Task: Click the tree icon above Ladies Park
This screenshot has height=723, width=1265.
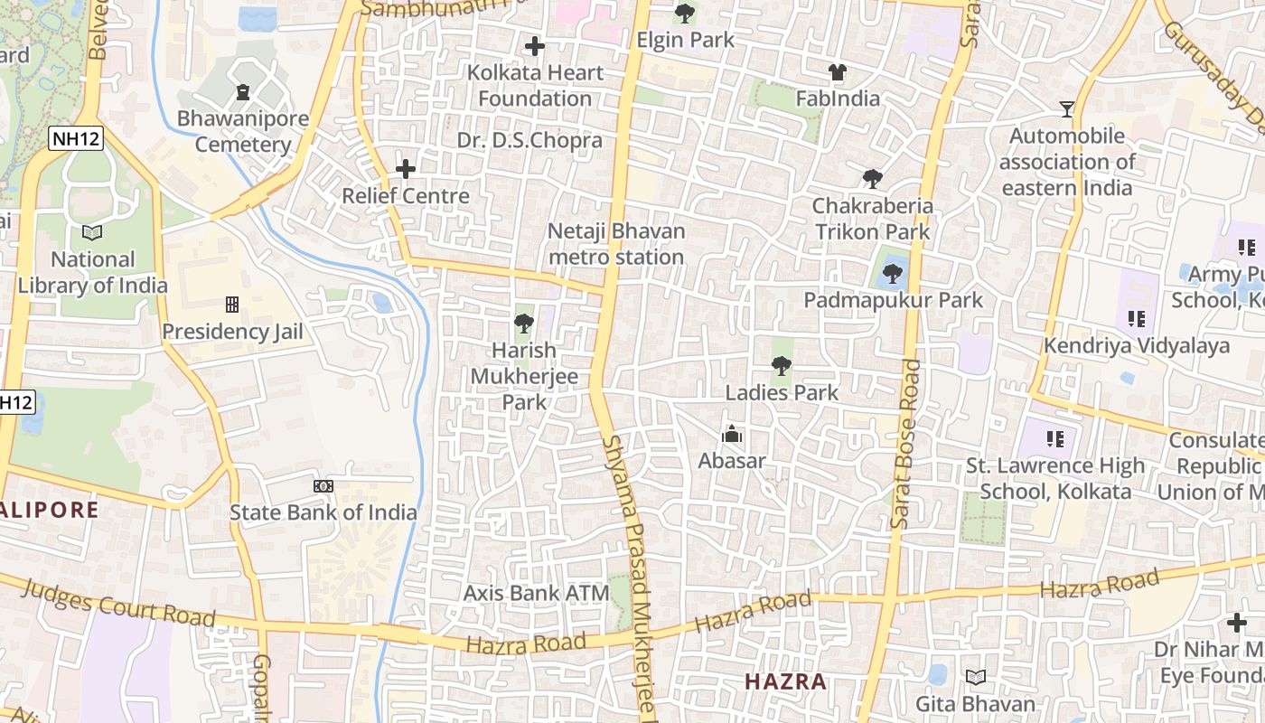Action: pyautogui.click(x=782, y=366)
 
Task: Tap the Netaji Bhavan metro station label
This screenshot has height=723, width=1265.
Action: pyautogui.click(x=616, y=244)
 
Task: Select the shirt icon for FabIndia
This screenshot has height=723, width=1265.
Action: pyautogui.click(x=838, y=72)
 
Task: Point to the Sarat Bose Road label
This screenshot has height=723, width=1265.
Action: pyautogui.click(x=905, y=443)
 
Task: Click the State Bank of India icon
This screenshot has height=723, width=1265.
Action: pyautogui.click(x=323, y=486)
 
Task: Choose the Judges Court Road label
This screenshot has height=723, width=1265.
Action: pyautogui.click(x=117, y=604)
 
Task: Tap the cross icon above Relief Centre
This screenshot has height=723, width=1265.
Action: pyautogui.click(x=406, y=169)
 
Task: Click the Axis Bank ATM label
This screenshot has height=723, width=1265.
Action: pyautogui.click(x=536, y=594)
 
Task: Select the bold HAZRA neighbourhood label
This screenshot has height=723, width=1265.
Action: pyautogui.click(x=785, y=681)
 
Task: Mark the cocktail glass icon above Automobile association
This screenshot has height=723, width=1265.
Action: pyautogui.click(x=1067, y=109)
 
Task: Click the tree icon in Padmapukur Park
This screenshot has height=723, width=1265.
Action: pyautogui.click(x=893, y=273)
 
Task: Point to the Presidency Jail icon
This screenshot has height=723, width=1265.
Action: pyautogui.click(x=232, y=305)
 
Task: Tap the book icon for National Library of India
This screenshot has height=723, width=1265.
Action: pyautogui.click(x=92, y=232)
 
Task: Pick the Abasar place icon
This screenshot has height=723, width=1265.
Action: pyautogui.click(x=732, y=435)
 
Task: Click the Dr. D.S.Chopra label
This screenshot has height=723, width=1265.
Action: pyautogui.click(x=529, y=140)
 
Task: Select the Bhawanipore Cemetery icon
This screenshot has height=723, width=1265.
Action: pyautogui.click(x=242, y=91)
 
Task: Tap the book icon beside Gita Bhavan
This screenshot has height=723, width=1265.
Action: pyautogui.click(x=976, y=677)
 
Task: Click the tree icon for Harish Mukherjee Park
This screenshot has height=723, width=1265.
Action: pyautogui.click(x=523, y=323)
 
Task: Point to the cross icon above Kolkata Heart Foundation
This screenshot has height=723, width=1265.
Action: pyautogui.click(x=535, y=45)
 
